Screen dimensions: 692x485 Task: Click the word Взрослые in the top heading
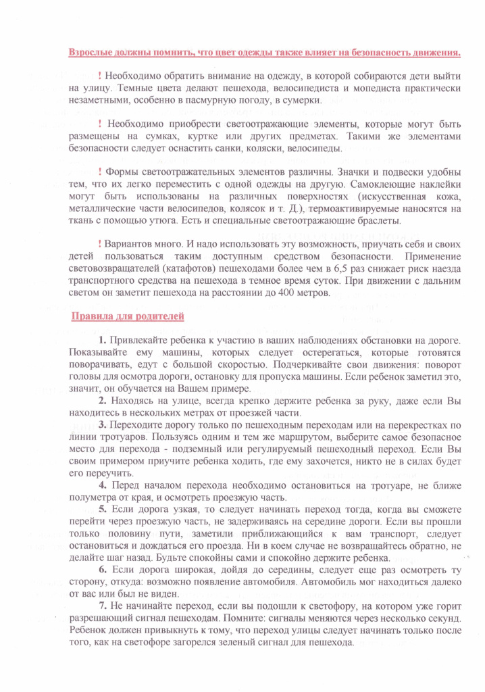pos(91,53)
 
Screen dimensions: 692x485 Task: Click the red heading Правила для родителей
pos(127,317)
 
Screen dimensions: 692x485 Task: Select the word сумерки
pos(299,101)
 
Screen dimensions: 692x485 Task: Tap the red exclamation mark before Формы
pos(100,172)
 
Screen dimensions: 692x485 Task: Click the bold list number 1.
pos(101,339)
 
